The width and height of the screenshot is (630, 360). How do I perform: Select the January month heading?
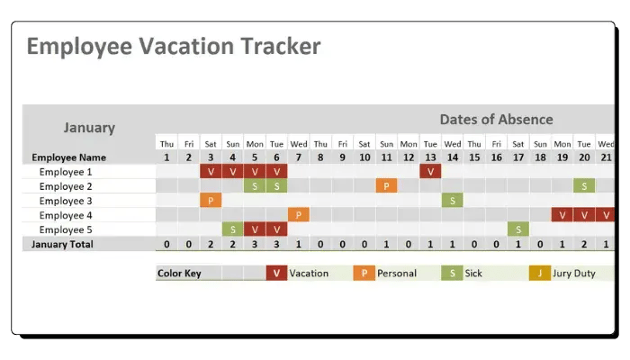[x=89, y=128]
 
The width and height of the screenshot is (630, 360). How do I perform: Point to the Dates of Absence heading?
[x=496, y=120]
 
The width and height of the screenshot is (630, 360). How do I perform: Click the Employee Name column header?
[x=68, y=157]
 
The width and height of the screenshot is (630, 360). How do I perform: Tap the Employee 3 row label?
[x=66, y=201]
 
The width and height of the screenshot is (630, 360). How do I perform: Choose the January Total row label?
[x=62, y=244]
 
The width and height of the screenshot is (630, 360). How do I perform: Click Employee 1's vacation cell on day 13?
[x=430, y=172]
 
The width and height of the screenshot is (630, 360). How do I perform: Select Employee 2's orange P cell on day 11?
[x=386, y=186]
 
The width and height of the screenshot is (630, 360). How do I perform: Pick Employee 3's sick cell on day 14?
[x=453, y=201]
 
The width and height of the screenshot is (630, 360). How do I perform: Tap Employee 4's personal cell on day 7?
[x=299, y=215]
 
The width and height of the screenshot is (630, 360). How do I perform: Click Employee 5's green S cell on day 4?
[x=232, y=229]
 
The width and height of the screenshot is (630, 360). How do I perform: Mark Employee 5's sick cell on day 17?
[x=518, y=229]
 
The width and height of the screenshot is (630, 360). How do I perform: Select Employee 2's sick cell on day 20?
[x=584, y=186]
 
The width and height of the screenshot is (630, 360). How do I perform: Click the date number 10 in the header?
[x=364, y=157]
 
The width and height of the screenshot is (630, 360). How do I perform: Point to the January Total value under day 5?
[x=255, y=244]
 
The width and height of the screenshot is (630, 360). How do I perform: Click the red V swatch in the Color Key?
[x=276, y=274]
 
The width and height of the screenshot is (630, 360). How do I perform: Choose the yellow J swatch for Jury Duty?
[x=540, y=274]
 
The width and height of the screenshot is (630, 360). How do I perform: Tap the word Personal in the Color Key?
[x=397, y=274]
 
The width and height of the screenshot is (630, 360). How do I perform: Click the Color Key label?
[x=179, y=274]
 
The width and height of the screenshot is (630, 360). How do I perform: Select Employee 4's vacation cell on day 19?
[x=562, y=215]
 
